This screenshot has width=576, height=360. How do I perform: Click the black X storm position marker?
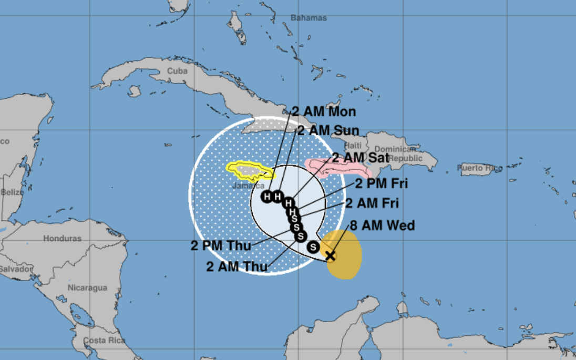click(x=330, y=256)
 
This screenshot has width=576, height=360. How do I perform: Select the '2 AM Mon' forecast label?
click(x=324, y=111)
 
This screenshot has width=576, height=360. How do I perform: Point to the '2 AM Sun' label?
click(x=328, y=130)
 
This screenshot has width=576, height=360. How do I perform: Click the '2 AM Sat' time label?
click(x=361, y=158)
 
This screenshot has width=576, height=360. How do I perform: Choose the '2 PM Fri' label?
click(x=382, y=184)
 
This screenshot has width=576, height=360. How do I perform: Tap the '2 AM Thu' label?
click(x=237, y=267)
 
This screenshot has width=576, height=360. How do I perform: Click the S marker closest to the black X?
click(x=313, y=246)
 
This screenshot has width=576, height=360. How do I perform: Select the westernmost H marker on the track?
click(x=267, y=197)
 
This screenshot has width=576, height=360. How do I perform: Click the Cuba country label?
click(x=177, y=71)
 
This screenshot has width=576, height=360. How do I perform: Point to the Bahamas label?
click(x=308, y=18)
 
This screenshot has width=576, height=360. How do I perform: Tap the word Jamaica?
click(x=248, y=186)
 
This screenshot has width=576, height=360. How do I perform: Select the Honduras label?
click(x=62, y=239)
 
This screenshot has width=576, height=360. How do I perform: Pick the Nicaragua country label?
click(x=87, y=287)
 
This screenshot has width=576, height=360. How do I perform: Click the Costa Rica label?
click(x=104, y=341)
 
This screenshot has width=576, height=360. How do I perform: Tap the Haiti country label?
click(x=353, y=145)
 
